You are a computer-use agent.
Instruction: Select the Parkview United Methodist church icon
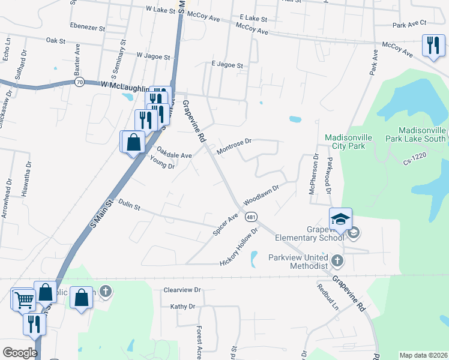(x=337, y=260)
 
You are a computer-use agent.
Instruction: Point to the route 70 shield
(x=79, y=82)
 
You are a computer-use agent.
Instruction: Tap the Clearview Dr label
(x=181, y=290)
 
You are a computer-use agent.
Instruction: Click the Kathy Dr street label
(x=183, y=307)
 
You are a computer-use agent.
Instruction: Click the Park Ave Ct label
(x=409, y=24)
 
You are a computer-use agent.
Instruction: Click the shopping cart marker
(x=23, y=299)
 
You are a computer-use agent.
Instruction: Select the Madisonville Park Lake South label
(x=423, y=135)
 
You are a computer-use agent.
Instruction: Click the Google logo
(x=20, y=352)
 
